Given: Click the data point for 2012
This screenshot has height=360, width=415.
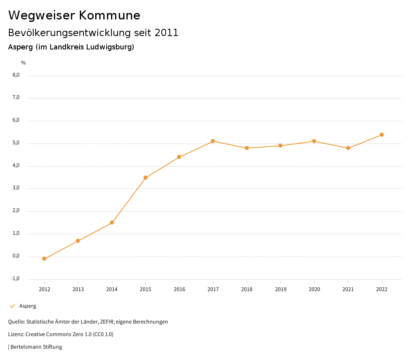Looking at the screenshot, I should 44,259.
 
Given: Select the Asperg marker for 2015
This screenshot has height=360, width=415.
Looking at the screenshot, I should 145,178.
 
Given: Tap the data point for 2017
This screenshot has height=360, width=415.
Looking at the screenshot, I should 213,141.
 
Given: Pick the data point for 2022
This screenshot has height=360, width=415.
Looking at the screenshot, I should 382,135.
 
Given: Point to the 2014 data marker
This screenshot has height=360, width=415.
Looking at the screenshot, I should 112,223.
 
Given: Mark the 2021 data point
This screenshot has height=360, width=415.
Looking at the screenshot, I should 348,148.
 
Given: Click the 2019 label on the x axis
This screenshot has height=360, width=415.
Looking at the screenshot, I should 280,289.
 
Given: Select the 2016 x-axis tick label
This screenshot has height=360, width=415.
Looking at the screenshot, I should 179,289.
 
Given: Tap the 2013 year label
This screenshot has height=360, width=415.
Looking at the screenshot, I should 78,289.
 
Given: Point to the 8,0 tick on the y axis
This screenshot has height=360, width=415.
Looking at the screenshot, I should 16,75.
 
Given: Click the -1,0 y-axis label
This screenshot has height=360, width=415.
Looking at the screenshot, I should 15,279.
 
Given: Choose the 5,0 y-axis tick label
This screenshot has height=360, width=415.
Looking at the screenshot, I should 16,143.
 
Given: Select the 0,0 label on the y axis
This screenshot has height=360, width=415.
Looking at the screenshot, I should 16,256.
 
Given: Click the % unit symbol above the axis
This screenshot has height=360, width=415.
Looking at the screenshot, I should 24,63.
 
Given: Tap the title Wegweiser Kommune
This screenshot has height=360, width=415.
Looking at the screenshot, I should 74,15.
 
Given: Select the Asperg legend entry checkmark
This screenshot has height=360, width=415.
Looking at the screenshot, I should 12,306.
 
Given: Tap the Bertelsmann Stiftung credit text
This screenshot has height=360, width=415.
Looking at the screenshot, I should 36,347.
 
